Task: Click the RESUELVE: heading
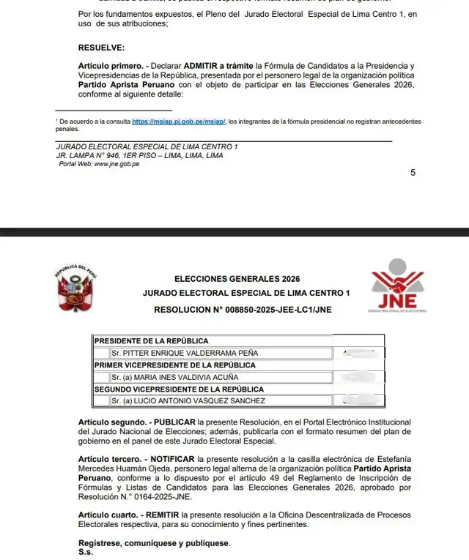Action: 101,48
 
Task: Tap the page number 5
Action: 413,173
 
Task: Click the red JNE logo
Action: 397,287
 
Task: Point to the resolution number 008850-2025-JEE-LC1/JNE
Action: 243,310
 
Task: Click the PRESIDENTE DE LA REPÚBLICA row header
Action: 152,341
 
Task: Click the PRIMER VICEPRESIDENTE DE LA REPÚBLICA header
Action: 175,365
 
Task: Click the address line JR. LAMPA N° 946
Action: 139,155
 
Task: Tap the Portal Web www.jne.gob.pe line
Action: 99,164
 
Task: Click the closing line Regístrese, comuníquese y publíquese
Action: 154,543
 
